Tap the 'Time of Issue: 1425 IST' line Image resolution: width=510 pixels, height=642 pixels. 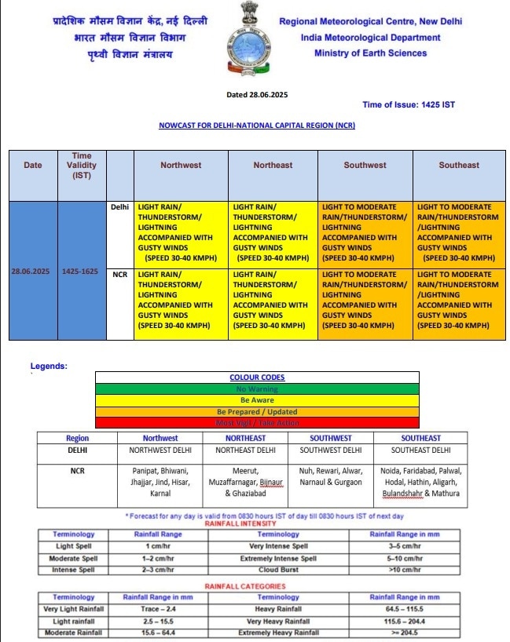coord(409,104)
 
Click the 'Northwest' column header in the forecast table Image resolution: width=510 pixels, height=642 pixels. coord(181,166)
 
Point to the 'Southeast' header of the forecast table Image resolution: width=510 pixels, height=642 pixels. coord(459,166)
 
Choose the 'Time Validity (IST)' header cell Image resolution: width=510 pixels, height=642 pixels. coord(82,166)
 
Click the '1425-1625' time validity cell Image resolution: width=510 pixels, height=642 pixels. coord(82,271)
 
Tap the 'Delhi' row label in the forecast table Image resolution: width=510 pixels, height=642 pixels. coord(119,208)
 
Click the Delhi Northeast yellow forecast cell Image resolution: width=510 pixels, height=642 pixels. coord(273,233)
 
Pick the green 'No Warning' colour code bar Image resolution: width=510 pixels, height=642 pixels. coord(257,388)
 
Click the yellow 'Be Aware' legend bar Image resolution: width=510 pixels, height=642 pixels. coord(257,399)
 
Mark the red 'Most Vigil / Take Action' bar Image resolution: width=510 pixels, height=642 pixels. coord(257,423)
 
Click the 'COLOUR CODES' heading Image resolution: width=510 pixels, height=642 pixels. coord(257,378)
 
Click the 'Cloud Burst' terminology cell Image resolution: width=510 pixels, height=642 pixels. coord(278,570)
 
